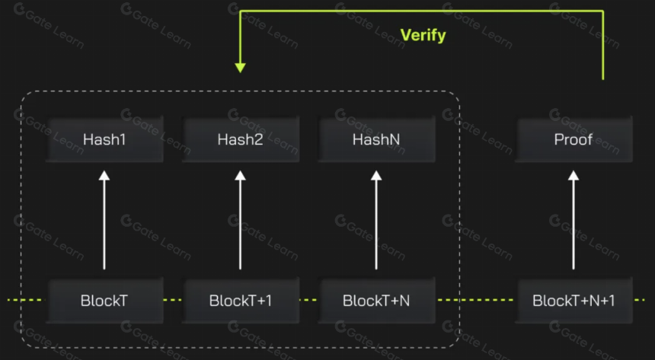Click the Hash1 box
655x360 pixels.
pos(104,139)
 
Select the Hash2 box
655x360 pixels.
pos(241,139)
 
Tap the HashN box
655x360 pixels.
pos(376,139)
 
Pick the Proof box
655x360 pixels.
pos(574,139)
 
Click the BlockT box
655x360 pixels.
pos(104,301)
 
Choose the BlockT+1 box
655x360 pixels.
pos(241,301)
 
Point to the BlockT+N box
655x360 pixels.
pos(376,301)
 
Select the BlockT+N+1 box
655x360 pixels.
pos(574,301)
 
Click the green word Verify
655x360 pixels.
pos(423,35)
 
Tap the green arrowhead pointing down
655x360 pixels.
pos(240,68)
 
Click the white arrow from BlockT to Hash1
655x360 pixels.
pos(104,220)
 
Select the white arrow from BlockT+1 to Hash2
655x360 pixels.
pos(240,220)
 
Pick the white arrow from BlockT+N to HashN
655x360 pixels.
pos(376,220)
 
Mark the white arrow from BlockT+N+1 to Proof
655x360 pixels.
pos(574,220)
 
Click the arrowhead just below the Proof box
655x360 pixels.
pos(574,175)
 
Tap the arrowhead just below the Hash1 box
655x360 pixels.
pos(104,175)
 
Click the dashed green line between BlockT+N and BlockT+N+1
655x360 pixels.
pos(475,300)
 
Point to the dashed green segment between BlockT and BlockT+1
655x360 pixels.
pos(173,300)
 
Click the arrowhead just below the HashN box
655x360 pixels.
pos(376,175)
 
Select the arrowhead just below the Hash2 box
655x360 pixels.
pos(240,175)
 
